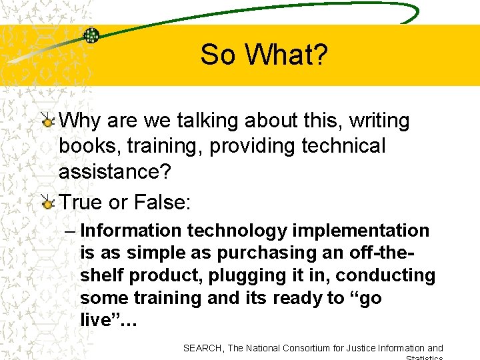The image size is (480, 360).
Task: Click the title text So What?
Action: point(264,55)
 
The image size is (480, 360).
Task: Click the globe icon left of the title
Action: point(91,35)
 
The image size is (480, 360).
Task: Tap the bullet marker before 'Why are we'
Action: point(47,121)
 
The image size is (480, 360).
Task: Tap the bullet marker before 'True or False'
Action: point(47,203)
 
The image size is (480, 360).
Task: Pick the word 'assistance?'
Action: point(115,171)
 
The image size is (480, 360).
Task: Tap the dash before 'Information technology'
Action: point(71,231)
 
